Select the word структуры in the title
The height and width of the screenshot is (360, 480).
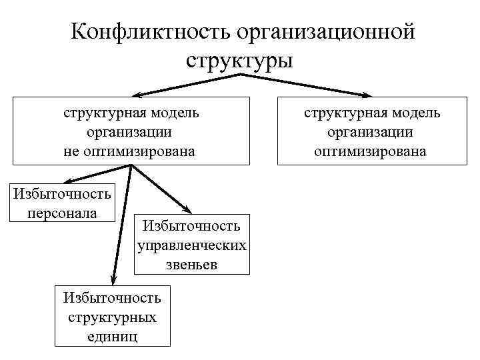tap(239, 61)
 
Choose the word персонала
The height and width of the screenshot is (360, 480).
tap(63, 213)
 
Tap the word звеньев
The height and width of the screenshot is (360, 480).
tap(192, 264)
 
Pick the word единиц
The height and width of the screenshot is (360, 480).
tap(112, 335)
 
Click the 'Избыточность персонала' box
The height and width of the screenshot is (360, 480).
tap(63, 203)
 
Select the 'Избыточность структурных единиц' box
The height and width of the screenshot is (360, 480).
tap(112, 316)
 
